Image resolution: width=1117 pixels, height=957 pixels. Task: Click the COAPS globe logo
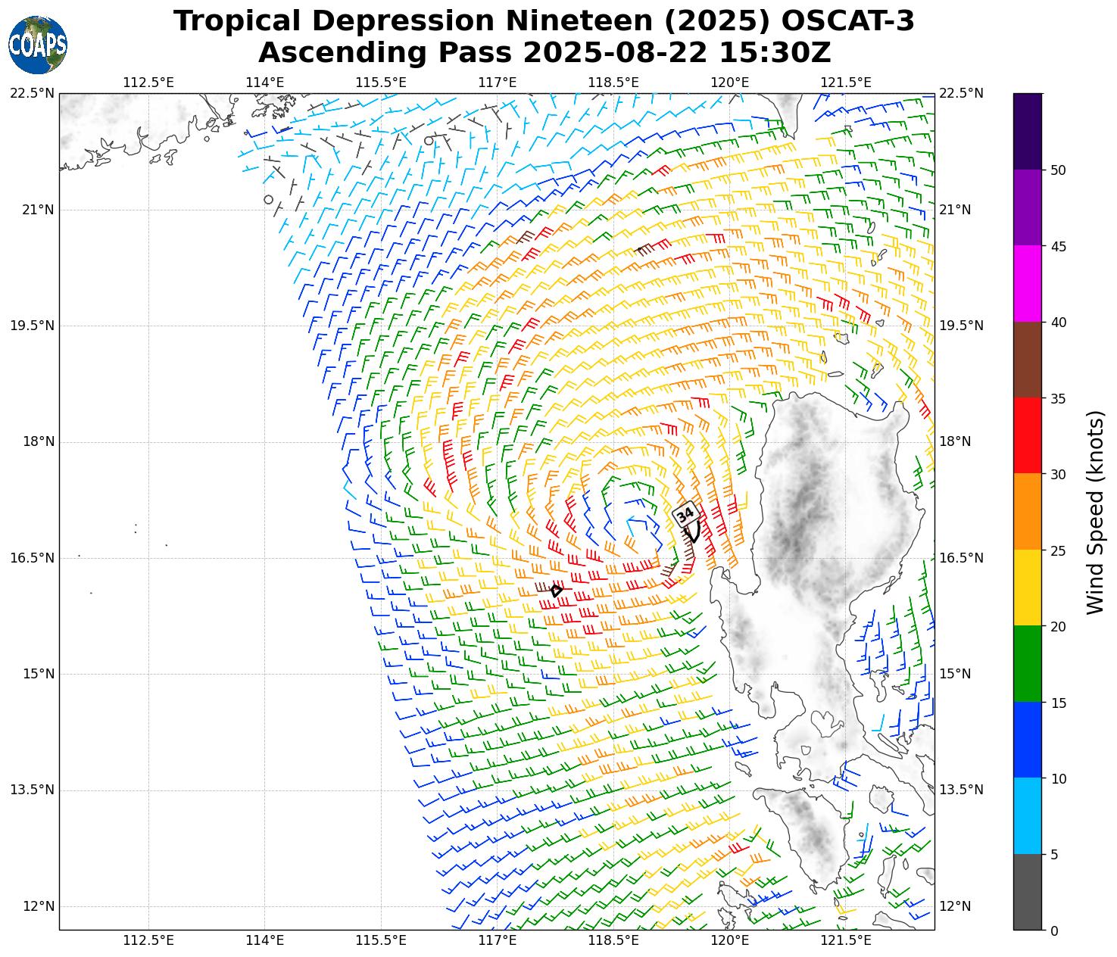click(37, 45)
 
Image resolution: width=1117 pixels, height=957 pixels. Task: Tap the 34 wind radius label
click(685, 515)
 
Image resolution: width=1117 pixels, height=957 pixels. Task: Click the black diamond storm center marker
click(557, 591)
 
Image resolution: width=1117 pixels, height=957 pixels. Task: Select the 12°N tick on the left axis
click(37, 906)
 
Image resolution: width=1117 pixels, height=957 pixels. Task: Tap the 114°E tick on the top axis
click(265, 83)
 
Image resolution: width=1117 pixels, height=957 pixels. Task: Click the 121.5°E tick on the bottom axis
click(846, 941)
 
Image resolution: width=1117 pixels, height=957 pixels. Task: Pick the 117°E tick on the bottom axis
click(498, 941)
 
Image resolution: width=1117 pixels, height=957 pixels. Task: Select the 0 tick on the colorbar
click(1054, 931)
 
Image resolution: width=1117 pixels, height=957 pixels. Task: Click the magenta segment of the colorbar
click(1028, 284)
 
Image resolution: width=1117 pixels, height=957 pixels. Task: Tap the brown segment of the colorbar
click(1028, 360)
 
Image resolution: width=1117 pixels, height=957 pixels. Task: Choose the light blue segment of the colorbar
click(1028, 816)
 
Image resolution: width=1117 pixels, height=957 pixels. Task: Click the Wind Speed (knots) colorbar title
click(1095, 512)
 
